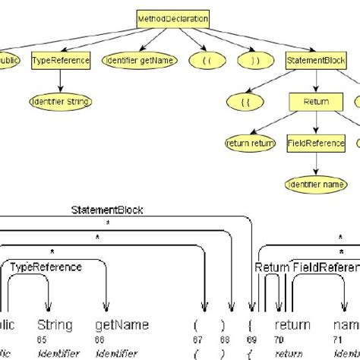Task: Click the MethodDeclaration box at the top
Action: point(173,17)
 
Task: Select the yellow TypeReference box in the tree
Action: point(60,61)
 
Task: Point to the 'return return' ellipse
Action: point(250,142)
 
